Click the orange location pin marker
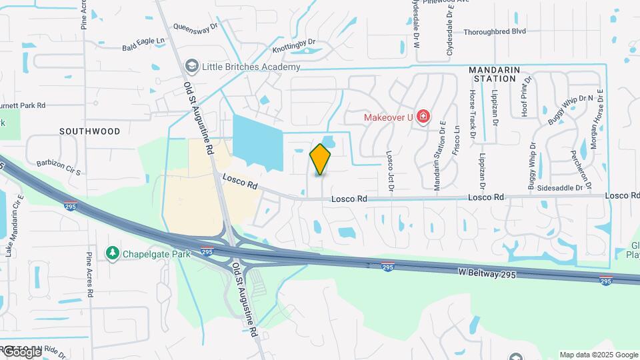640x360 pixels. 320,159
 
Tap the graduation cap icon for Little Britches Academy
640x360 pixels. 192,67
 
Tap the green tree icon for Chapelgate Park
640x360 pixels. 112,253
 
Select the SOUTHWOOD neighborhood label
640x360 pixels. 90,131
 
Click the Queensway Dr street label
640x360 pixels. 195,27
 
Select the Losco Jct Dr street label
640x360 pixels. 391,169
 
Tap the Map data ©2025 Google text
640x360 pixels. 598,355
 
